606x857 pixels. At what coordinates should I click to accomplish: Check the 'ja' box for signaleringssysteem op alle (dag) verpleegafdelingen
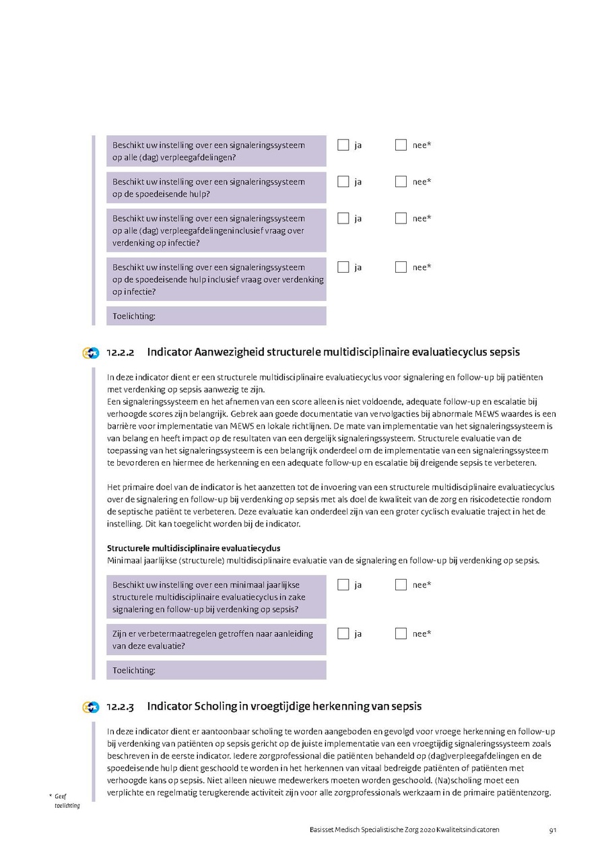pos(343,145)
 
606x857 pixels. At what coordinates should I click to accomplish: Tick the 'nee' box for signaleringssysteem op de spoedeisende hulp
pos(401,182)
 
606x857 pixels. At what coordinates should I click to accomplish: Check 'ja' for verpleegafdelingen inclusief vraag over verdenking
pos(343,218)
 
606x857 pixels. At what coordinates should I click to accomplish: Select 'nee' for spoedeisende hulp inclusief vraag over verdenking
pos(401,267)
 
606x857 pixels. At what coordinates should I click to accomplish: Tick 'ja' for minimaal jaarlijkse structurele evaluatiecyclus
pos(343,584)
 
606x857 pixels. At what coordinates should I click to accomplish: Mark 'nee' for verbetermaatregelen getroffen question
pos(401,633)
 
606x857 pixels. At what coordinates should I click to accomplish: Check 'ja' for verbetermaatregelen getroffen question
pos(343,633)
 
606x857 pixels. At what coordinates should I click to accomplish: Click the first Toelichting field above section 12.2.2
pos(216,316)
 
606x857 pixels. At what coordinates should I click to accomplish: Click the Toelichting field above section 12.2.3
pos(216,671)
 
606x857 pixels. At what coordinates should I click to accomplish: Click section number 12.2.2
pos(121,353)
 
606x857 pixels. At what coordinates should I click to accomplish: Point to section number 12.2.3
pos(121,707)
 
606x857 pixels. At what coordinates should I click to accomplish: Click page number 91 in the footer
pos(552,830)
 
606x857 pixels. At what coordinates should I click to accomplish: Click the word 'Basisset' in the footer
pos(314,830)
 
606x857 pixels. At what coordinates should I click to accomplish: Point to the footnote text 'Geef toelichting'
pos(65,800)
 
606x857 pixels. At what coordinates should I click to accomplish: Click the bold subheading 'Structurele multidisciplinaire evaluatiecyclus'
pos(194,549)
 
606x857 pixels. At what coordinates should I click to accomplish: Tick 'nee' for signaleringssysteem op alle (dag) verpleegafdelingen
pos(401,145)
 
